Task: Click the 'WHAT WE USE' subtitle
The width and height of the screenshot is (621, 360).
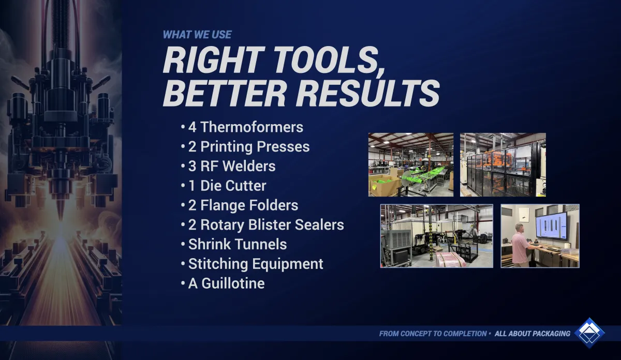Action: tap(197, 35)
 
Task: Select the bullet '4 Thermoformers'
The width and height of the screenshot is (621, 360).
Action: tap(242, 127)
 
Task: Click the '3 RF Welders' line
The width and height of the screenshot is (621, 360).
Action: tap(228, 166)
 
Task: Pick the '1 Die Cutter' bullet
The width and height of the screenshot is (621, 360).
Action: tap(224, 186)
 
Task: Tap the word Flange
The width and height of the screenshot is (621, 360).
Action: tap(223, 206)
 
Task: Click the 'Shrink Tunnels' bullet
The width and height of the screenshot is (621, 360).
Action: tap(234, 245)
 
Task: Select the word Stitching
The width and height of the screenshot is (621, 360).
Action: tap(218, 264)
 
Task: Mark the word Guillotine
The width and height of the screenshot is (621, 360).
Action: tap(233, 283)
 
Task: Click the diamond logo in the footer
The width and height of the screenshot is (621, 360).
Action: tap(589, 333)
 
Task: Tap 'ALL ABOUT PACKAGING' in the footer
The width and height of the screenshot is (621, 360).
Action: tap(533, 334)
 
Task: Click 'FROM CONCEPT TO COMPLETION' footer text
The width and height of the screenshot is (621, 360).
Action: tap(433, 334)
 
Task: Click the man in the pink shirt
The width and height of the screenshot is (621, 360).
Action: tap(520, 246)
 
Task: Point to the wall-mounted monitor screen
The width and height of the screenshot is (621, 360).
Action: tap(551, 226)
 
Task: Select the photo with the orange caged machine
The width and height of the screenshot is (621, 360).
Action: tap(503, 164)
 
